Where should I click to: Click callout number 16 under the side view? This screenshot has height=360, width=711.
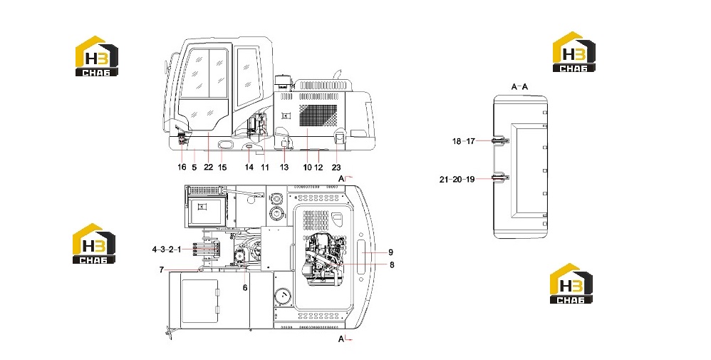point(182,167)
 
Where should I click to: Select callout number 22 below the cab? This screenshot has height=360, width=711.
point(208,167)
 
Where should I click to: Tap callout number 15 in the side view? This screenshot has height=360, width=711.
point(222,167)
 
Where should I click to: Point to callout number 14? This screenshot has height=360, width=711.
point(249,167)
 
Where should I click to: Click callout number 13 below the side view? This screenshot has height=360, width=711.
point(284,167)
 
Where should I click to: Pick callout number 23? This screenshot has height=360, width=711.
point(336,167)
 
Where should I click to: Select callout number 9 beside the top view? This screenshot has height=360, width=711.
point(390,252)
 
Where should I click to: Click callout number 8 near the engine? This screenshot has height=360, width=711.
point(392,264)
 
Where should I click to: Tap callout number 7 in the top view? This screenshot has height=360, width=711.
point(162,269)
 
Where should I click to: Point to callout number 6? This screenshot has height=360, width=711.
point(245,288)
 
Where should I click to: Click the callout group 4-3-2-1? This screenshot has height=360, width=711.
point(167,250)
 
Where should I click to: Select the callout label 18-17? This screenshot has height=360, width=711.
point(463,141)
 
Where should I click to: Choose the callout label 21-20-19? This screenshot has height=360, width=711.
point(457,180)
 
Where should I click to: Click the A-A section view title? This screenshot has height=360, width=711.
point(519,86)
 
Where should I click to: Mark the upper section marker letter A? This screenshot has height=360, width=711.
point(341,178)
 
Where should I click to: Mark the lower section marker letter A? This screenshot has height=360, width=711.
point(341,338)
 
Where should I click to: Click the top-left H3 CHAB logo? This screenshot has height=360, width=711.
point(97,56)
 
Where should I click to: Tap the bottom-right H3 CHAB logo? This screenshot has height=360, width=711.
point(571,284)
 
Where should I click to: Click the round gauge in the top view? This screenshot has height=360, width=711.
point(284,298)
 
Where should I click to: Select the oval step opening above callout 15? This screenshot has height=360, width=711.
point(225,145)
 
